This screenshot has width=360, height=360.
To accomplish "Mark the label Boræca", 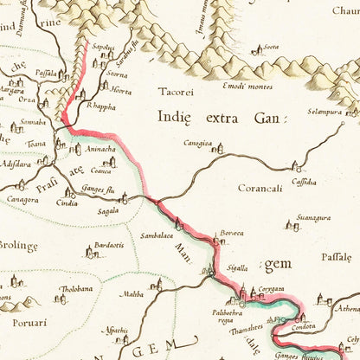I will tap(231, 233).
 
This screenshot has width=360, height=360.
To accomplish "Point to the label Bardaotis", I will tap(109, 244).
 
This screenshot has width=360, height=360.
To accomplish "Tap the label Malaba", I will tap(132, 294).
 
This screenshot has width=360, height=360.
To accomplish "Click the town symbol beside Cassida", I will tap(296, 165).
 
